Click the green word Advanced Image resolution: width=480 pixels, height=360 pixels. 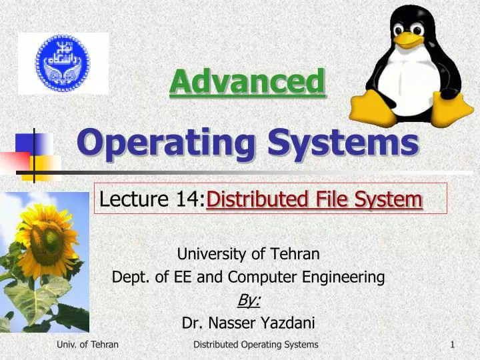coord(247,83)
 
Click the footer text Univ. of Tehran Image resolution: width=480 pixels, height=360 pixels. coord(88,345)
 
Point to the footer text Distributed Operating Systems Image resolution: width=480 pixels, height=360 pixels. coord(255,345)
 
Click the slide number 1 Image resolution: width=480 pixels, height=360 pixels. coord(453,345)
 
